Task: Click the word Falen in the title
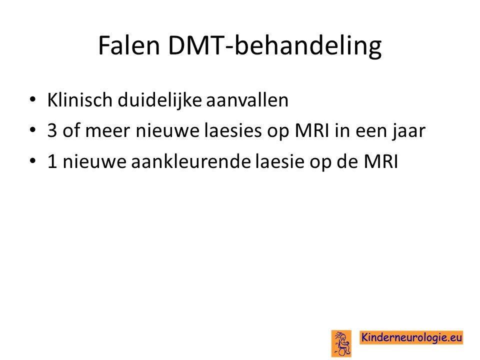(x=129, y=45)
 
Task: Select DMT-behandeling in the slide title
(x=275, y=46)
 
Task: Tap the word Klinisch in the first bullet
(x=79, y=100)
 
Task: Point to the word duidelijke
(x=159, y=100)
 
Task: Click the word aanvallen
(x=247, y=100)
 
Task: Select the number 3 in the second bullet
(x=52, y=130)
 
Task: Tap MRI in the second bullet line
(x=312, y=130)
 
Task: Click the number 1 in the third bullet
(x=52, y=161)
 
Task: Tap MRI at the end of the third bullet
(x=380, y=161)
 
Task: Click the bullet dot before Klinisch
(x=32, y=99)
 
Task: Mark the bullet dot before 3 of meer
(x=32, y=130)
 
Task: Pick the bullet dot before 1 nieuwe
(x=32, y=160)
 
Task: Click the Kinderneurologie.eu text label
(x=411, y=337)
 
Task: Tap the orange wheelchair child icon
(x=341, y=343)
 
